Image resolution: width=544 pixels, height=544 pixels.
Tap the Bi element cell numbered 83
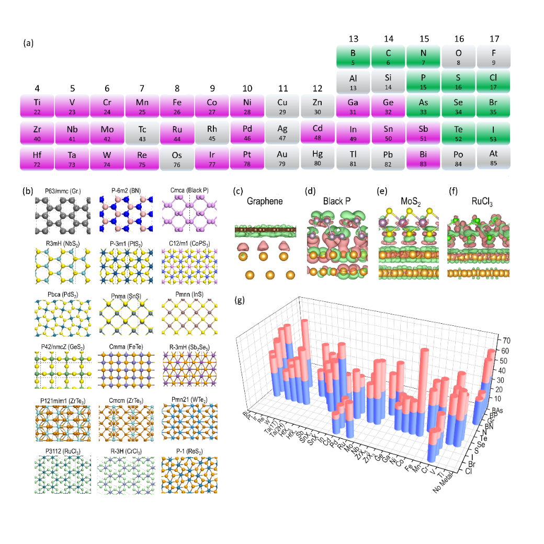424,158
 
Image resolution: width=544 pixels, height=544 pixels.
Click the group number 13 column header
354,38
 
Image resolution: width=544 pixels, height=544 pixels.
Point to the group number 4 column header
37,87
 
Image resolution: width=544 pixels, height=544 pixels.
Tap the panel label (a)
28,43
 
